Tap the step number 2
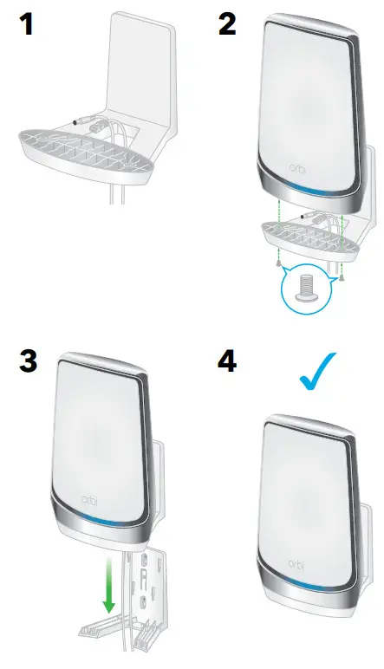(226, 23)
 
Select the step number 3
(28, 360)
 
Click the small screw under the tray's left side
(277, 263)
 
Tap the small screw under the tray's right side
(343, 276)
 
